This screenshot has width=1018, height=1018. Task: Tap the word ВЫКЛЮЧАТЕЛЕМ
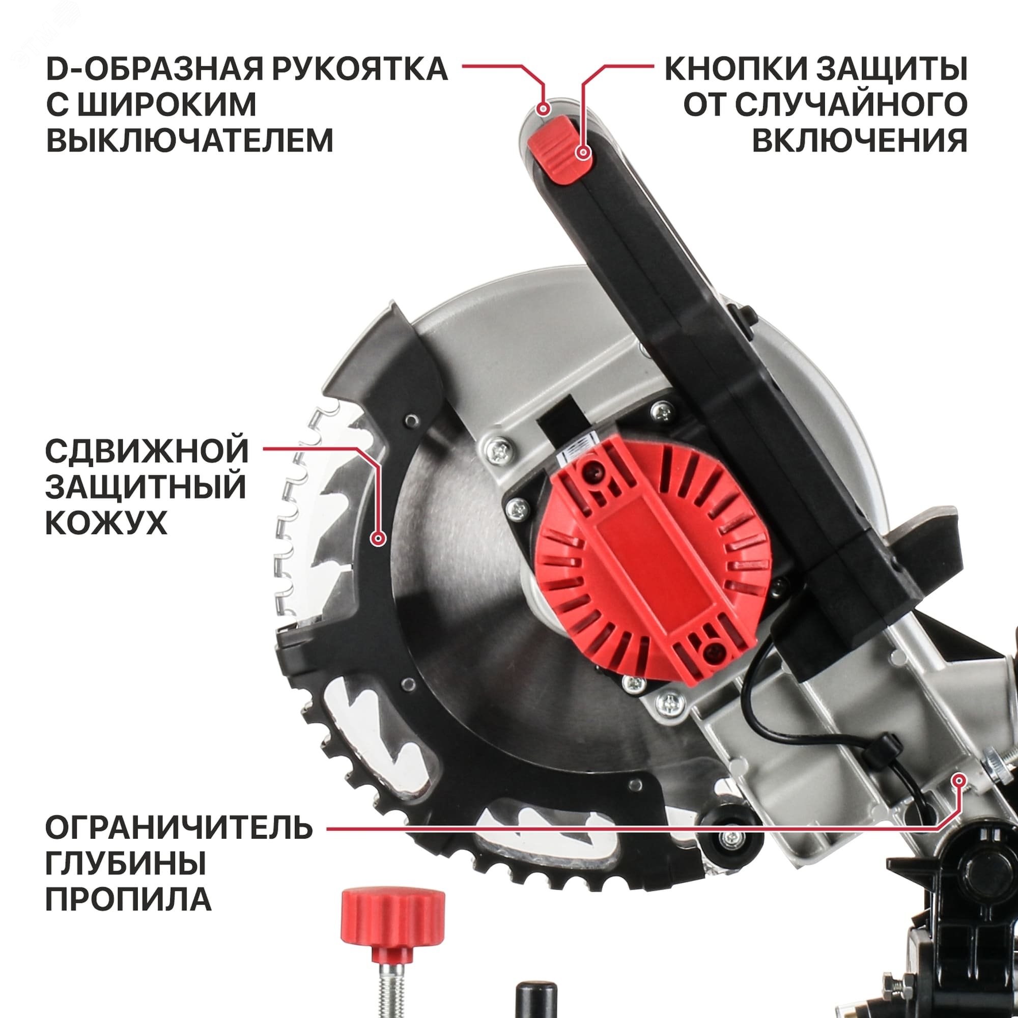190,140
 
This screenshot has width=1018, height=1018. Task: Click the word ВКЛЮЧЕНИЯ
859,140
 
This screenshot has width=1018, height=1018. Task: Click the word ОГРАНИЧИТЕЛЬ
179,828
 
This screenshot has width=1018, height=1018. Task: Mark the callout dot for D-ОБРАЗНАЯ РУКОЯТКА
544,109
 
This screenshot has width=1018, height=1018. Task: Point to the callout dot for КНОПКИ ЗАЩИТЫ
582,153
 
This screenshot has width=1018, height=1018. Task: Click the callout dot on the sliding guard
378,539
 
